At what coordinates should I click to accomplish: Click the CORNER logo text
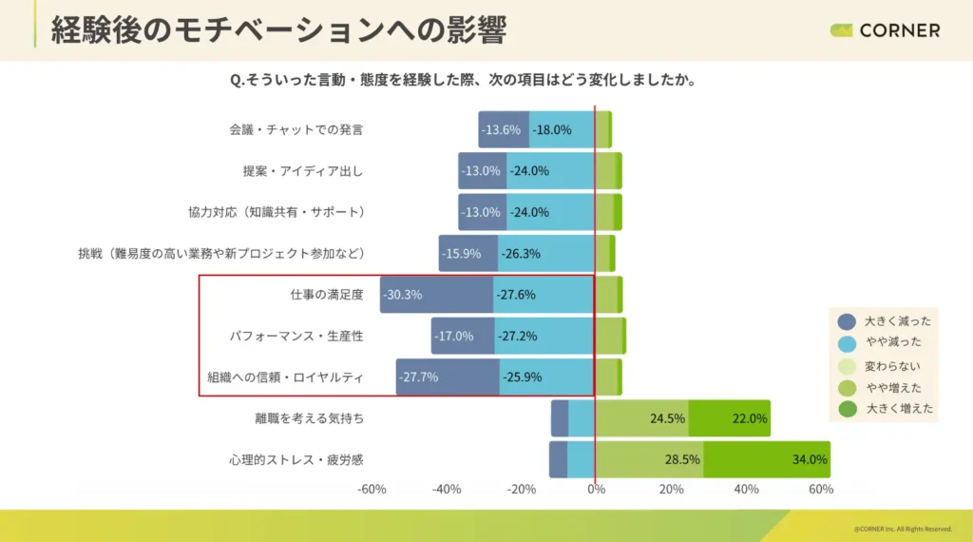coord(899,30)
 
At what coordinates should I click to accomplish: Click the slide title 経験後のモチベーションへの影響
coord(277,29)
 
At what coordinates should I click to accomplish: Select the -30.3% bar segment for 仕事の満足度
coord(436,295)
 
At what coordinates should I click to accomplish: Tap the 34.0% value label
coord(809,459)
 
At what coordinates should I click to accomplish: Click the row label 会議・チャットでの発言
coord(296,129)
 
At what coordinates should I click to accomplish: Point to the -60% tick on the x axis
coord(372,489)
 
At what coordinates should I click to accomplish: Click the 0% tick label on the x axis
coord(596,489)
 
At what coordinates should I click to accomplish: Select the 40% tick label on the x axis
coord(746,489)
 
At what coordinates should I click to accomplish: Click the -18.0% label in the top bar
coord(552,129)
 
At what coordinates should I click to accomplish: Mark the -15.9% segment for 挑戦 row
coord(467,254)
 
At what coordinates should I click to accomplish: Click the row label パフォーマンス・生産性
coord(296,336)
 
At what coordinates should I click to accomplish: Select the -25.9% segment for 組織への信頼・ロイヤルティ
coord(546,377)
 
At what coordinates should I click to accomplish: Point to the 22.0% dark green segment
coord(729,418)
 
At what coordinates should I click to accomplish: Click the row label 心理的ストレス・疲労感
coord(296,459)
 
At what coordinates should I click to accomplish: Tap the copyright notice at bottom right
coord(902,529)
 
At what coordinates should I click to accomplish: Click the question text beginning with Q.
coord(464,81)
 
